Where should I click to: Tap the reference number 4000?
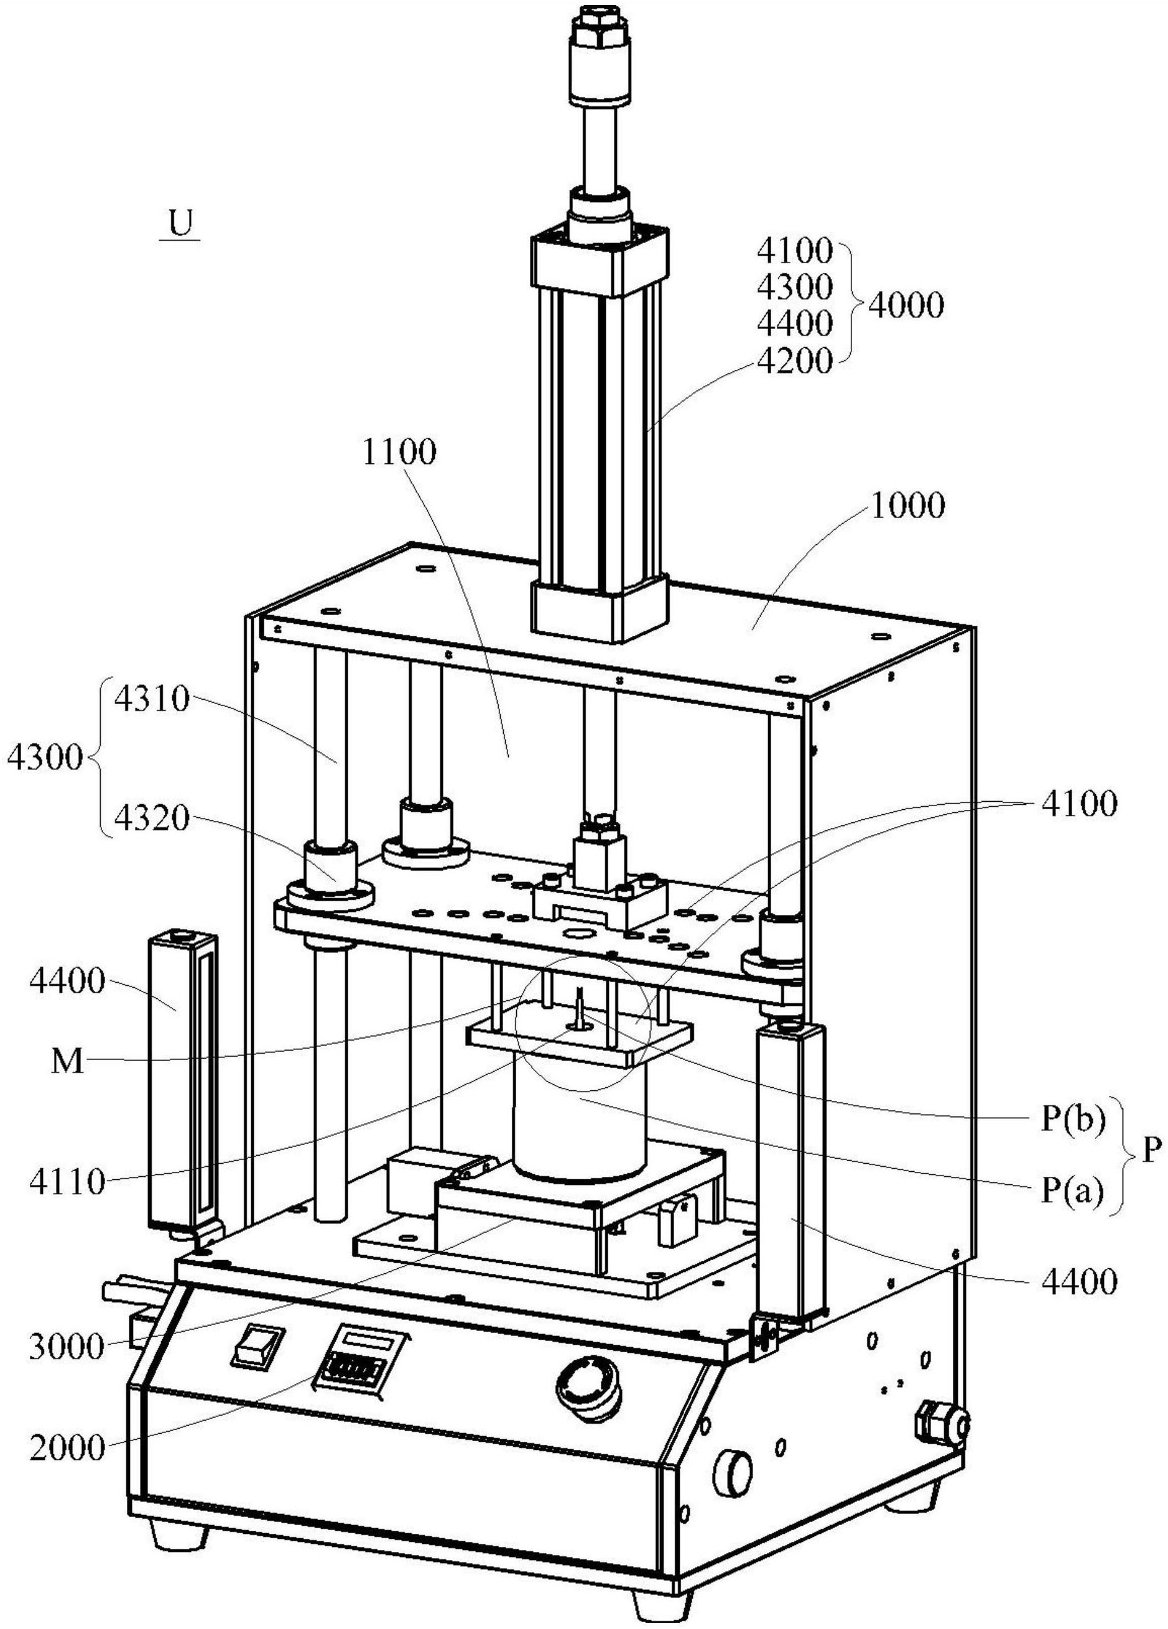[905, 306]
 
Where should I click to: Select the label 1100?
[399, 453]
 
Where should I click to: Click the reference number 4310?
[151, 699]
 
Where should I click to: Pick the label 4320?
[151, 818]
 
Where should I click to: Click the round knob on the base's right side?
[733, 1467]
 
